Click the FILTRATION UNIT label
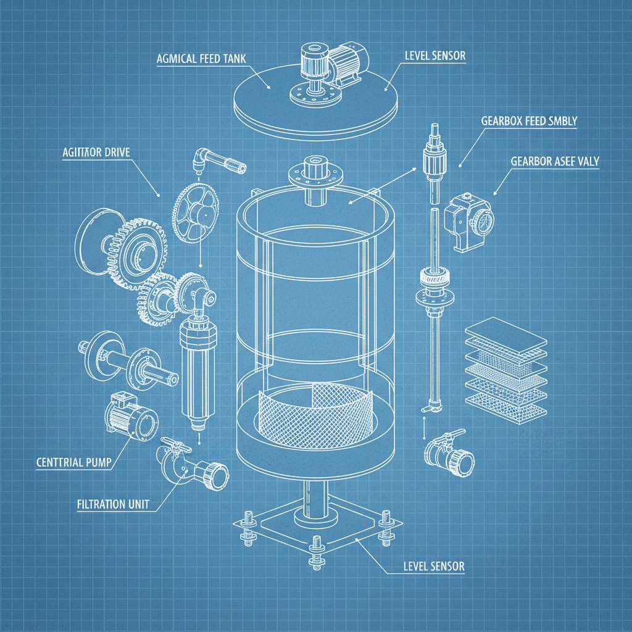(113, 504)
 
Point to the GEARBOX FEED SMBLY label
(529, 121)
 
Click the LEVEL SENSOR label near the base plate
(433, 565)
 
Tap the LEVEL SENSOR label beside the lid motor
(435, 56)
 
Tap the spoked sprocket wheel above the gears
(196, 213)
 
